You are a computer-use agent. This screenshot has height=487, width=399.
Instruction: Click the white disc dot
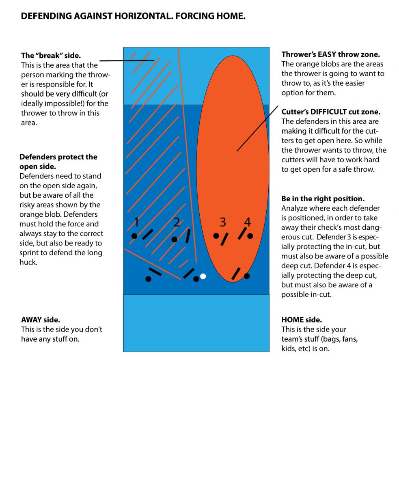(x=203, y=276)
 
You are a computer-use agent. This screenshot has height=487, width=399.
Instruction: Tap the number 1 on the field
(x=137, y=222)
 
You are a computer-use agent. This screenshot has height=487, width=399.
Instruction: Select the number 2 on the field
(x=177, y=222)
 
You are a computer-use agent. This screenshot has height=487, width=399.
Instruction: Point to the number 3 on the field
(x=223, y=222)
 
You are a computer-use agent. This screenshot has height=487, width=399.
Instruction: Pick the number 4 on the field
(x=247, y=222)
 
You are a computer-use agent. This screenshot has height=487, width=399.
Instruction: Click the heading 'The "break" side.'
(x=51, y=56)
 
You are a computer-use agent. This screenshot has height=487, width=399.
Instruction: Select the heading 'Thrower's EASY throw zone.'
(x=330, y=54)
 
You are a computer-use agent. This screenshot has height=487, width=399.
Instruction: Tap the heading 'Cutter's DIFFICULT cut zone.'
(x=331, y=112)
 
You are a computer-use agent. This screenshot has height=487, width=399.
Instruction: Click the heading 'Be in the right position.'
(x=323, y=199)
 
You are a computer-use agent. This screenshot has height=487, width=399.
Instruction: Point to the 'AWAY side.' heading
(x=41, y=320)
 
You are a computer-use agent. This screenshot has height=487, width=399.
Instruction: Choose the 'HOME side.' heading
(x=302, y=320)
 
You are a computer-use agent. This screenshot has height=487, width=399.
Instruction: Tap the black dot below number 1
(x=134, y=236)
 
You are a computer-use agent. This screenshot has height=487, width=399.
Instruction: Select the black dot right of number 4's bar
(x=250, y=236)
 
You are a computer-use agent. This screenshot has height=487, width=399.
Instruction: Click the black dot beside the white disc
(x=196, y=279)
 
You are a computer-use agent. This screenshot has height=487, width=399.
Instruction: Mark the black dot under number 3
(x=216, y=236)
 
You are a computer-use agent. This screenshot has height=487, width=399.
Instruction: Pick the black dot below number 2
(x=175, y=239)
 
